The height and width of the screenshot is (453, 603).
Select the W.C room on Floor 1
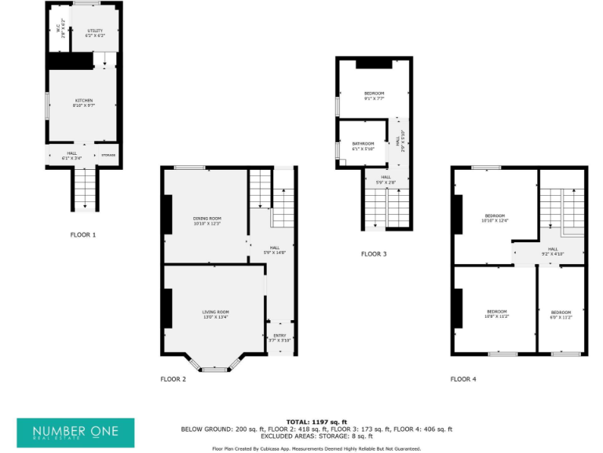[59, 31]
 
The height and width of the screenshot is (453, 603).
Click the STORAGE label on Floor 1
[108, 155]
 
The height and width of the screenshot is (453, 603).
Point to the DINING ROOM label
[207, 221]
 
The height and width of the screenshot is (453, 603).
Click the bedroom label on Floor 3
[374, 96]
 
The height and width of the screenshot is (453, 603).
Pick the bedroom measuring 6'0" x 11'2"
[561, 315]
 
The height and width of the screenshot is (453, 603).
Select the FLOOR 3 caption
[373, 254]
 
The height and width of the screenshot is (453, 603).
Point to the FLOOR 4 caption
[463, 379]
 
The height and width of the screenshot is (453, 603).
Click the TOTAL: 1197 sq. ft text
[316, 422]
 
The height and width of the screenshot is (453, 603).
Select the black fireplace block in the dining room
[166, 213]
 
